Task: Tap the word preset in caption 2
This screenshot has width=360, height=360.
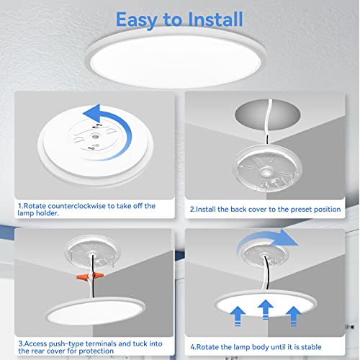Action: [294, 210]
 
